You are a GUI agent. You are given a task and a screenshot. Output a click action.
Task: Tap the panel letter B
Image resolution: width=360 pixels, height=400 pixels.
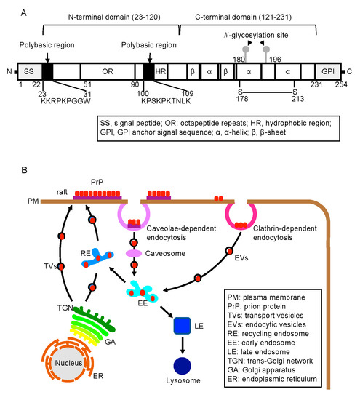pyautogui.click(x=7, y=172)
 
